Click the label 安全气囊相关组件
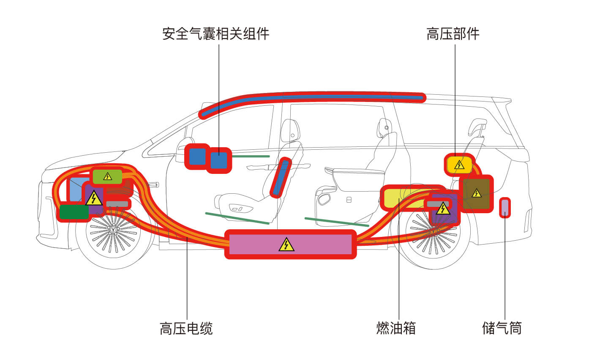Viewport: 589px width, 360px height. (215, 34)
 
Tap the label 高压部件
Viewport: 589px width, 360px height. (453, 34)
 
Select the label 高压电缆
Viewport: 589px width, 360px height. (186, 328)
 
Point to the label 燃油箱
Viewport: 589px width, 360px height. (396, 328)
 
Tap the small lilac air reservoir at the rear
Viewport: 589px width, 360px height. (505, 207)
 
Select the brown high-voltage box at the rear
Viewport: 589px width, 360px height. (476, 194)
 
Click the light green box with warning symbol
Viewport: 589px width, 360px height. (107, 176)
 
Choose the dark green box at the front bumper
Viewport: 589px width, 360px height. (74, 212)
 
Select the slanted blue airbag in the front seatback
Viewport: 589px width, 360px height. (281, 178)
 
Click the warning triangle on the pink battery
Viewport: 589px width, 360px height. (286, 245)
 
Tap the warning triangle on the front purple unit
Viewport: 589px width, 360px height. (94, 198)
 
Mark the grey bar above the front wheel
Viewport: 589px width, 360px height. (117, 204)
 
